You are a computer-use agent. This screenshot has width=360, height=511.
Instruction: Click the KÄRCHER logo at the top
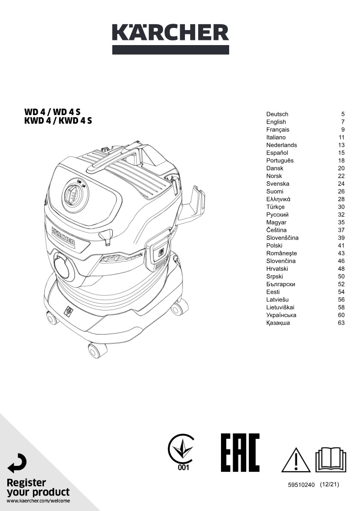170,39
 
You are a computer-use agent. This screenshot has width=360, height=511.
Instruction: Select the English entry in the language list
276,122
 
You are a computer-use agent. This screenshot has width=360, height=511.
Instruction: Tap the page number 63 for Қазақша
341,323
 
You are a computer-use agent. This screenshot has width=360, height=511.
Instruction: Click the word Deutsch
277,114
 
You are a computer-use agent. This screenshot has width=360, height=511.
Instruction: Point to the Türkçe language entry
275,207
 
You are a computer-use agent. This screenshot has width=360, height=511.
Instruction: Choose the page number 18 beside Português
341,160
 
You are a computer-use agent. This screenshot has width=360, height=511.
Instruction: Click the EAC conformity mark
240,453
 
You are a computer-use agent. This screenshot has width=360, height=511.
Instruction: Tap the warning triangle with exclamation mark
296,460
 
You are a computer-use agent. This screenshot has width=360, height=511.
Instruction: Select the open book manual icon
330,459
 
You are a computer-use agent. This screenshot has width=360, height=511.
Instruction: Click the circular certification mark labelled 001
182,452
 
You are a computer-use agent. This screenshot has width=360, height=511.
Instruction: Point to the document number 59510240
301,485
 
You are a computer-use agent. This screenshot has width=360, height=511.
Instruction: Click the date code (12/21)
330,485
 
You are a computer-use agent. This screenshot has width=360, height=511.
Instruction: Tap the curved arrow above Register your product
17,463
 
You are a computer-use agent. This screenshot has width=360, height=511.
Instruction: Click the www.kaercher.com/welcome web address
39,501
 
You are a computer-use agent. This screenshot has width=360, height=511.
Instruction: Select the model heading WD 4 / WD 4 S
52,112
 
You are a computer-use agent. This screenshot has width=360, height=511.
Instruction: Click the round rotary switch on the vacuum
75,195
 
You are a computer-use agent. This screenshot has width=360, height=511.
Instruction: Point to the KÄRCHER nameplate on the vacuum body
63,237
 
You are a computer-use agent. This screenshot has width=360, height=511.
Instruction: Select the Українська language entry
281,315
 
